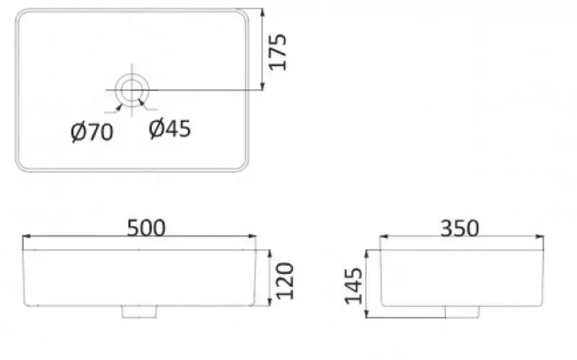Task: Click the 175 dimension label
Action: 280,51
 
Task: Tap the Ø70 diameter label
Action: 92,132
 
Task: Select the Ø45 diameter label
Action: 169,129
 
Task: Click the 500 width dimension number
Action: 146,227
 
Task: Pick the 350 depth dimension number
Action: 459,227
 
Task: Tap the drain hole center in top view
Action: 132,89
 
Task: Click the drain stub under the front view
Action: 139,311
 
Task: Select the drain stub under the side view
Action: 462,311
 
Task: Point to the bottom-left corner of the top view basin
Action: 20,165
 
